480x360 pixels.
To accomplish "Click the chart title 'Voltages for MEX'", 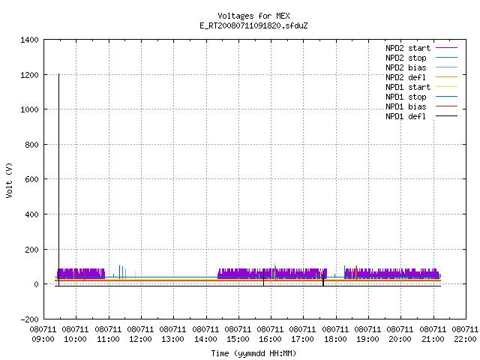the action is [253, 16].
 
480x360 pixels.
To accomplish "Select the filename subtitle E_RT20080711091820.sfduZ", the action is [253, 25].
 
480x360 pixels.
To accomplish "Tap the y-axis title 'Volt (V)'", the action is [9, 180].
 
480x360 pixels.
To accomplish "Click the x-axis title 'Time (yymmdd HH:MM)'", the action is [253, 353].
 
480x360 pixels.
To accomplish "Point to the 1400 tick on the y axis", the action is [29, 40].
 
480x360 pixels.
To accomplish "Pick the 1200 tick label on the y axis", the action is [29, 75].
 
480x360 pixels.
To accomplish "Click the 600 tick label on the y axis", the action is [31, 179].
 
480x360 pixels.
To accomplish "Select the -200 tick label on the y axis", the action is [29, 319].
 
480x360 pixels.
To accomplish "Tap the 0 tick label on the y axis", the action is [37, 284].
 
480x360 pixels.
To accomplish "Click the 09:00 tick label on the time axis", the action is [43, 339].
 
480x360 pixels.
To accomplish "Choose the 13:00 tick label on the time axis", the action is [172, 339].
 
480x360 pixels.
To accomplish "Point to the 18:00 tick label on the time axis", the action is [335, 339].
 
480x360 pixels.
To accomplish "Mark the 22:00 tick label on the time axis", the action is [465, 339].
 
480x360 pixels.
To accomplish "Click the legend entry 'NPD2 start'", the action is [421, 48].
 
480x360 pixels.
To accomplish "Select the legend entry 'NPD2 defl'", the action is [421, 77].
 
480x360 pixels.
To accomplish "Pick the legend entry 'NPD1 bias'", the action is [421, 106].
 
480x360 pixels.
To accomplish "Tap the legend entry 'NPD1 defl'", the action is [421, 116].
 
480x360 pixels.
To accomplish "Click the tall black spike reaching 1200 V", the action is [58, 180].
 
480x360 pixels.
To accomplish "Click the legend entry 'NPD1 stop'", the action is [421, 97].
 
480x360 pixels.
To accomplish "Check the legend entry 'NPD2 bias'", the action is [421, 67].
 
